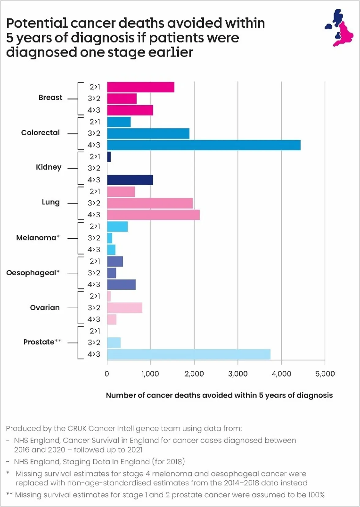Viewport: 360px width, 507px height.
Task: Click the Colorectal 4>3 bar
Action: [x=204, y=145]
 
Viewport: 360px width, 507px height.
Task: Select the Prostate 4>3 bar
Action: [x=189, y=354]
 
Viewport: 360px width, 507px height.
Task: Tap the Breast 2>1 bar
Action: [x=141, y=87]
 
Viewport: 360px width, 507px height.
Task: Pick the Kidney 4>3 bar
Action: [x=130, y=180]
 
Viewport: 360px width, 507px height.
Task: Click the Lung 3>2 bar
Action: [x=150, y=203]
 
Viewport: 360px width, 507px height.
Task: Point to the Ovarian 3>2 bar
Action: [x=125, y=308]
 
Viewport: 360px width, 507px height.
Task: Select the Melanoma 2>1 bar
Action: [x=117, y=227]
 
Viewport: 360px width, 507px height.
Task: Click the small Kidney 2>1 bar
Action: [x=109, y=157]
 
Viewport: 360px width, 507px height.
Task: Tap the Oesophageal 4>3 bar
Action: [x=121, y=284]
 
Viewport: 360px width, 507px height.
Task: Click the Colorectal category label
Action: [x=40, y=133]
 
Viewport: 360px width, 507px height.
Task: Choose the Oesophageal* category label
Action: [x=33, y=273]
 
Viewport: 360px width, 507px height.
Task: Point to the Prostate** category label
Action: [x=43, y=342]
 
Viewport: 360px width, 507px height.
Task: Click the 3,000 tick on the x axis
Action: [x=238, y=374]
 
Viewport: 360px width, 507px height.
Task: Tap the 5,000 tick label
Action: [x=325, y=374]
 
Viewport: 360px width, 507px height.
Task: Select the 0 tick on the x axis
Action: [x=107, y=374]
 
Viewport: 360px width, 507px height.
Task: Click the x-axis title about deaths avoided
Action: [x=219, y=395]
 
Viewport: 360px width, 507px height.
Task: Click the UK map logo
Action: [x=339, y=28]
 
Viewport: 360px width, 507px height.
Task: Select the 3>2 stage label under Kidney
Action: [x=94, y=168]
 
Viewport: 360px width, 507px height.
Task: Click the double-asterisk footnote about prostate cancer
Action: [x=165, y=495]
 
